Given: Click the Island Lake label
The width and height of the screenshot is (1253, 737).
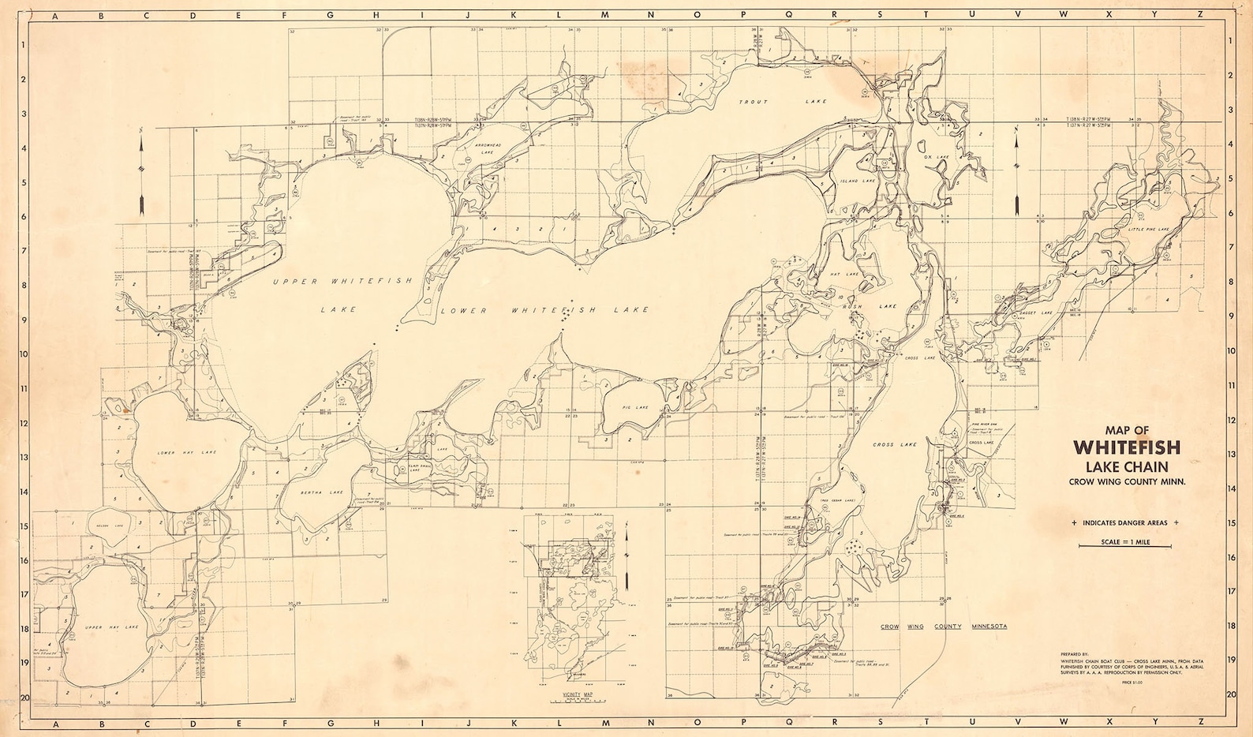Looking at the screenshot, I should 857,181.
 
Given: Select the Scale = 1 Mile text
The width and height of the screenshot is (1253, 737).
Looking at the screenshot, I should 1125,543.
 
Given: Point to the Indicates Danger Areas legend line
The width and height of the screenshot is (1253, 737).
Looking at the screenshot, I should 1125,523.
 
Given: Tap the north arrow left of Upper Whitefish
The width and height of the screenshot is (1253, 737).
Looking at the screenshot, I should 141,174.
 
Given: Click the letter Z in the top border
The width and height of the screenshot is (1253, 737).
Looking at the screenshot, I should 1200,13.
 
